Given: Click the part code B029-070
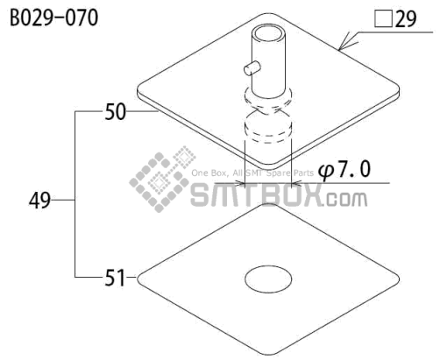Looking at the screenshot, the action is [54, 18].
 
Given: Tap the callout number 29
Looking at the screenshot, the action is [406, 19].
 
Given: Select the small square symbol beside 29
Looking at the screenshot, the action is [383, 19].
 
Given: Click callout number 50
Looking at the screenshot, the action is [116, 112].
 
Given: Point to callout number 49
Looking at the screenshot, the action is [39, 201].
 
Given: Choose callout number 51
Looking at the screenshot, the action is [115, 278].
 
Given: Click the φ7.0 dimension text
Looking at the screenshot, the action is [344, 170].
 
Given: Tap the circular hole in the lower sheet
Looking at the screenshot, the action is [268, 279].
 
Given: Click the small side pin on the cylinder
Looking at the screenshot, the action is [252, 67].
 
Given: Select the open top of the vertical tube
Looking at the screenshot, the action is [268, 34].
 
